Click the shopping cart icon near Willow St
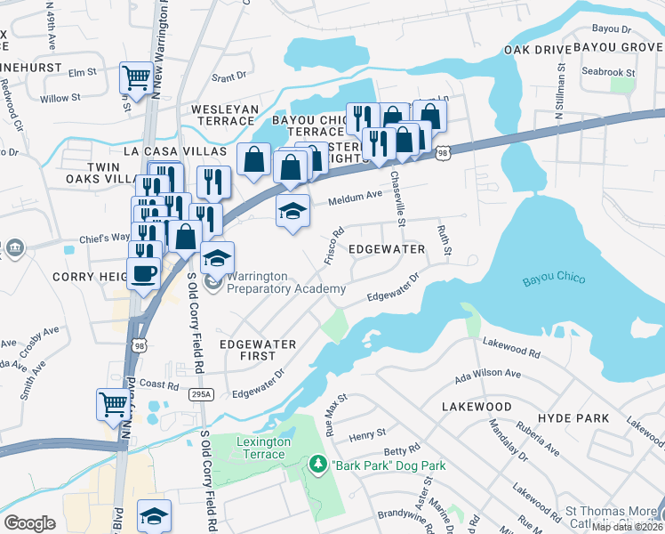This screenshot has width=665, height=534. pyautogui.click(x=135, y=77)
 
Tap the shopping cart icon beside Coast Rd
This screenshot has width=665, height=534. pyautogui.click(x=112, y=404)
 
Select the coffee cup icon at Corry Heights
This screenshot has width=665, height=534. pyautogui.click(x=142, y=273)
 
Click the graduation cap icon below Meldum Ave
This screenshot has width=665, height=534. pyautogui.click(x=292, y=213)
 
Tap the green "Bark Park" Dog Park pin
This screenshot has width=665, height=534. pyautogui.click(x=316, y=465)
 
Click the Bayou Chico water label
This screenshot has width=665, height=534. pyautogui.click(x=554, y=279)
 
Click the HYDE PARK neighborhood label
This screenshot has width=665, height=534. pyautogui.click(x=573, y=417)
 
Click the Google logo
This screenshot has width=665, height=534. pyautogui.click(x=29, y=522)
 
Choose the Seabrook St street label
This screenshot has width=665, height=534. pyautogui.click(x=608, y=71)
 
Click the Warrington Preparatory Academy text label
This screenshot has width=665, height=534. pyautogui.click(x=284, y=283)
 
